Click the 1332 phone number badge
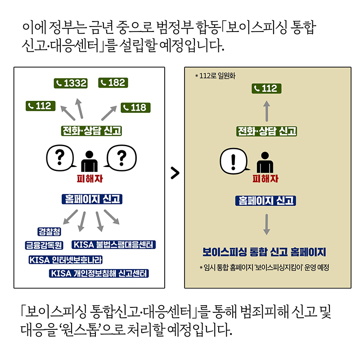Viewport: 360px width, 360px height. (x=71, y=83)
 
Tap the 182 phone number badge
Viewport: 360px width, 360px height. (x=113, y=82)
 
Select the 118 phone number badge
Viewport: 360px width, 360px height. (x=135, y=108)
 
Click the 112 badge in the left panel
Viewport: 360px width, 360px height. (x=40, y=106)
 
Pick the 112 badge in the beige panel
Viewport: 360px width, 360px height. (x=266, y=89)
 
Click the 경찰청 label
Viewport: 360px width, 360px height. (x=49, y=231)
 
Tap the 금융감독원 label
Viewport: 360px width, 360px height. (x=44, y=245)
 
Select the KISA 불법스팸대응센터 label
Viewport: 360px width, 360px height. (x=114, y=245)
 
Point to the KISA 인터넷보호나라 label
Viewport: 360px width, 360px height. (x=66, y=260)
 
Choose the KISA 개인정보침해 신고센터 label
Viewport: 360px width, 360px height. (x=99, y=273)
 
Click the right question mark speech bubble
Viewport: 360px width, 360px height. (x=121, y=157)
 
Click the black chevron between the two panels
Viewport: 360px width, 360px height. (x=175, y=173)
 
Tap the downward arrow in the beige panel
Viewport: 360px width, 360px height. (x=266, y=224)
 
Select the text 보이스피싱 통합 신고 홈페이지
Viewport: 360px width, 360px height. (x=264, y=252)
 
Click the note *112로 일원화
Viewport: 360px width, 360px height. (x=215, y=76)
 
